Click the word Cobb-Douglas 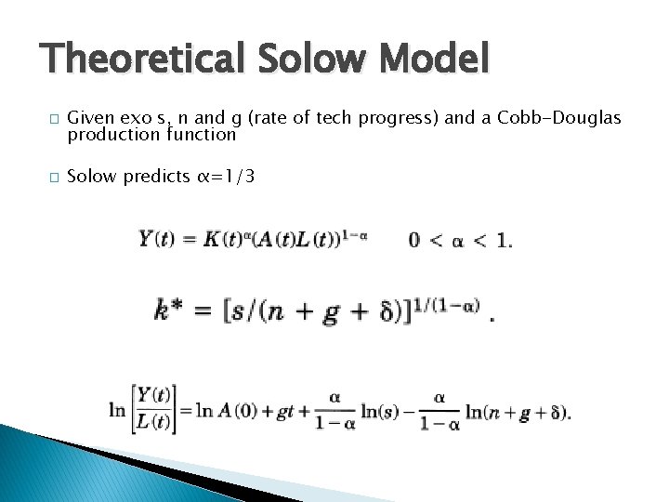click(559, 118)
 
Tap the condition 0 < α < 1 click(460, 241)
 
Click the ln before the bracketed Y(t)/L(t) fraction click(117, 409)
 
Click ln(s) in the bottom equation click(383, 411)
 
